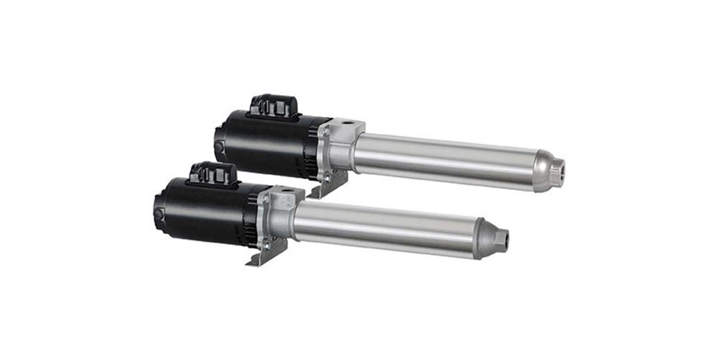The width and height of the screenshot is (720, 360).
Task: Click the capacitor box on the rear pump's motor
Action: coord(273,106)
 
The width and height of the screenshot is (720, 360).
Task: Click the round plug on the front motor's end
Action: coord(158,217)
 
